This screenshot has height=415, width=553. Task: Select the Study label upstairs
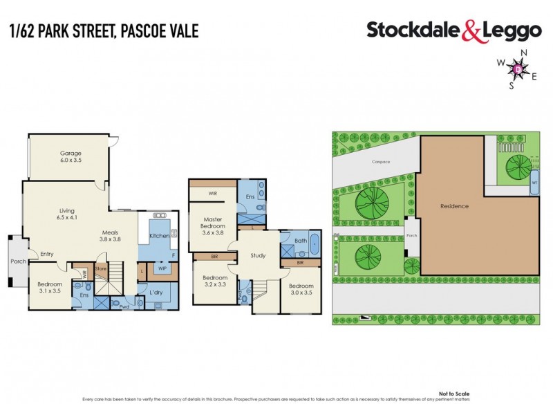(x=258, y=255)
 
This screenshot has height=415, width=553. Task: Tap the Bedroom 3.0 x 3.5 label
(x=301, y=289)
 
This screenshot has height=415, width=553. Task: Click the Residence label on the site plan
(x=455, y=206)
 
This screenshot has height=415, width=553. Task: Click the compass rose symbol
(x=518, y=69)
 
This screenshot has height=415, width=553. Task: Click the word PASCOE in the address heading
(x=141, y=30)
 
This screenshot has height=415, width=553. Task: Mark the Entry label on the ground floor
(x=47, y=254)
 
